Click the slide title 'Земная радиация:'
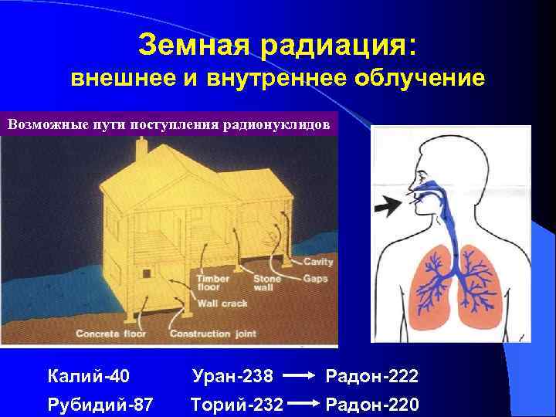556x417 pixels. pyautogui.click(x=278, y=44)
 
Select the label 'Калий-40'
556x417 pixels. pyautogui.click(x=88, y=377)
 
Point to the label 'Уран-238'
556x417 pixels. pyautogui.click(x=232, y=377)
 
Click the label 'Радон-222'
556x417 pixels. pyautogui.click(x=372, y=377)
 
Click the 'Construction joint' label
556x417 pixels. pyautogui.click(x=209, y=334)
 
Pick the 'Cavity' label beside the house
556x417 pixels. pyautogui.click(x=317, y=263)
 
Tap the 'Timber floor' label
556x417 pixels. pyautogui.click(x=213, y=283)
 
